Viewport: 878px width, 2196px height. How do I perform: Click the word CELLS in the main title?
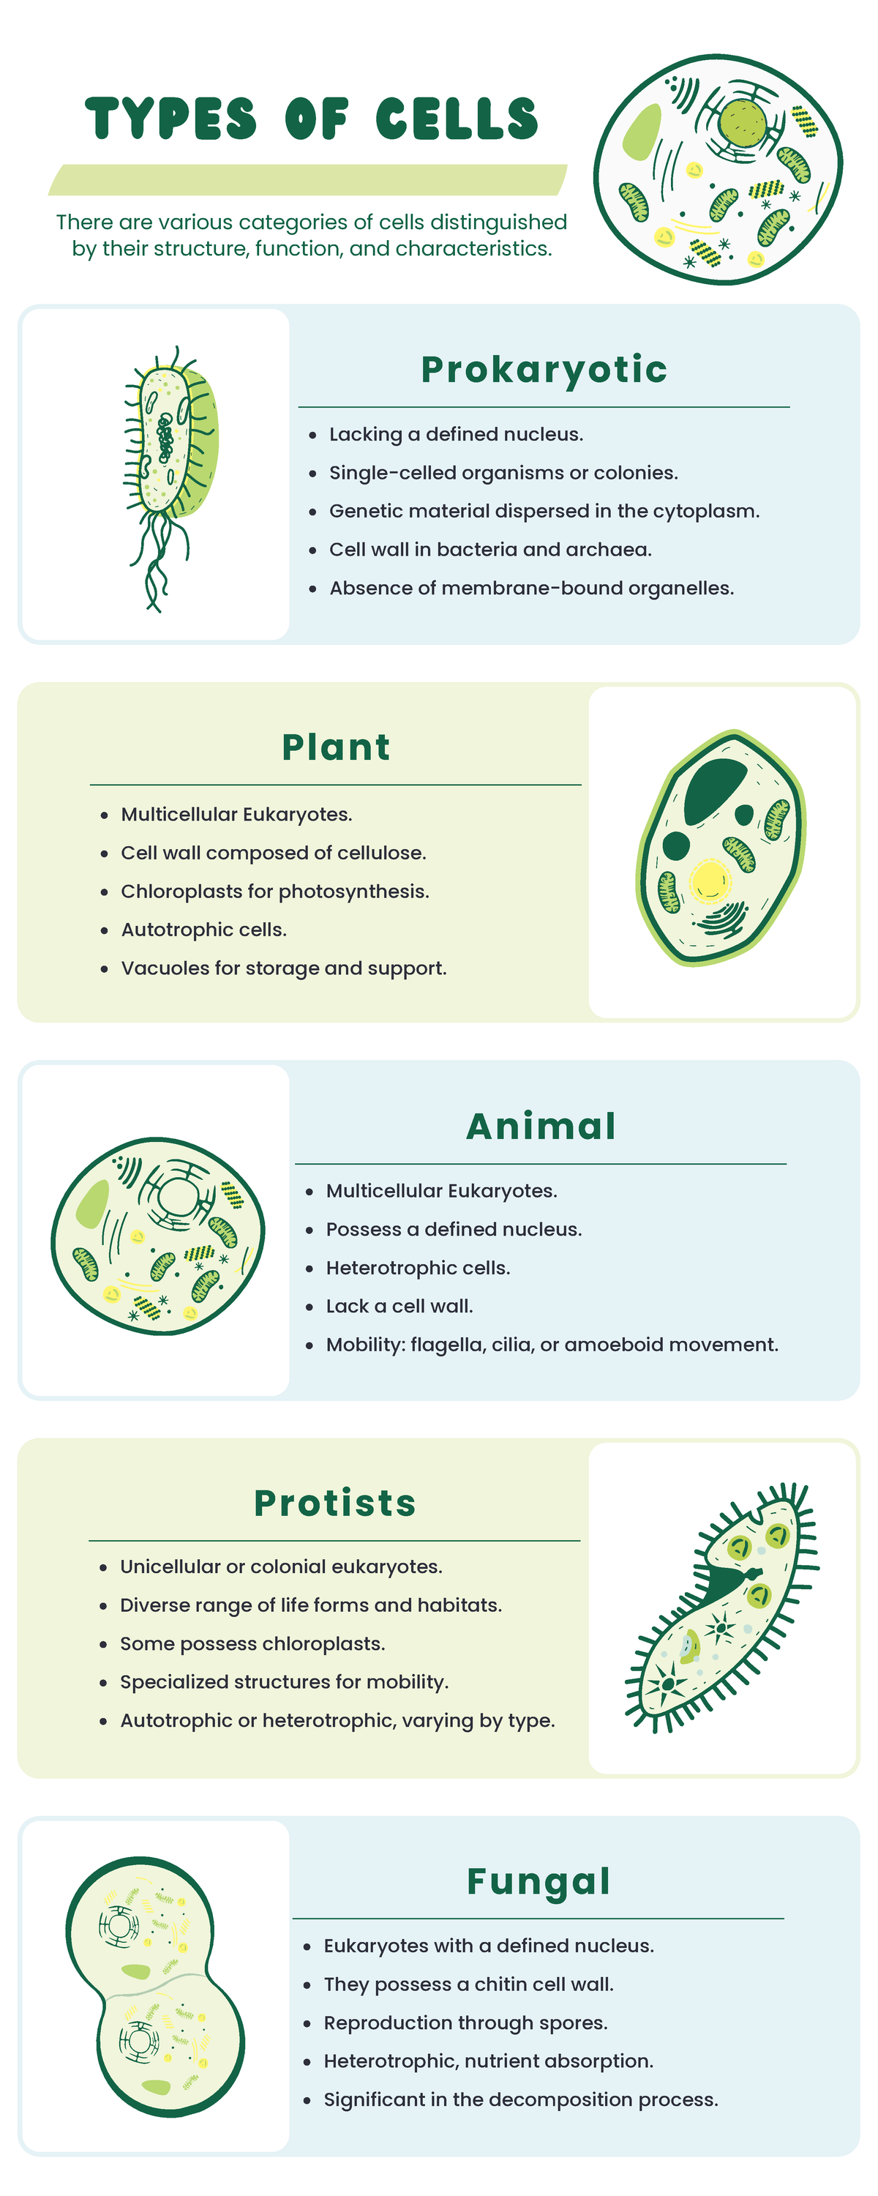[457, 119]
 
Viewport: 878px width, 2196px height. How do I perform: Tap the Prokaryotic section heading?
[544, 369]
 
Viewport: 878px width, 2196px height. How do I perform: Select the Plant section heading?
[336, 747]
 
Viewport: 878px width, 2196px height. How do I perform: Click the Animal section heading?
[541, 1125]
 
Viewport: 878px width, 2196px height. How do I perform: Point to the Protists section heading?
[335, 1503]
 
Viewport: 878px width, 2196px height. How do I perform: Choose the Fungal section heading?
[539, 1881]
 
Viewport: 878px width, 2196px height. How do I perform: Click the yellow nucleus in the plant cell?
[709, 880]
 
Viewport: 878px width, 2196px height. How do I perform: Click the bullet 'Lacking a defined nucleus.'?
[456, 434]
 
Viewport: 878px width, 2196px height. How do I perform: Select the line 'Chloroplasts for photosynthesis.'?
[274, 891]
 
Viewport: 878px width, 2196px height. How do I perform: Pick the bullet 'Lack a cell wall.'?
[399, 1306]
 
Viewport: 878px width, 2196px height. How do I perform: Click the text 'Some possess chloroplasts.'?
[252, 1643]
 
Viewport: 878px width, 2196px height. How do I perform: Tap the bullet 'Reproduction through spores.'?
[465, 2022]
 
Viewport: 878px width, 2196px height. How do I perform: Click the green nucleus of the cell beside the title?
[742, 122]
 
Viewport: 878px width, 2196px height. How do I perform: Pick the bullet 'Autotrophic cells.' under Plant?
[203, 929]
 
